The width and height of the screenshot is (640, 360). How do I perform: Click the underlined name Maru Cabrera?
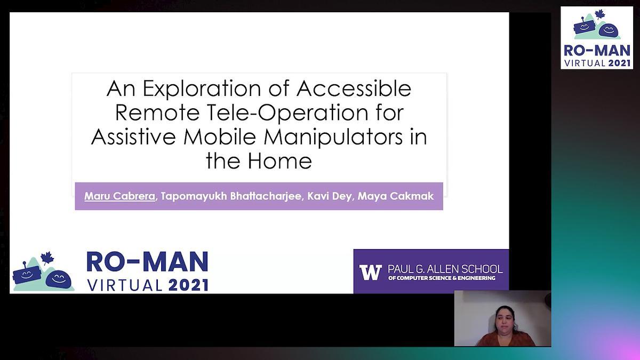click(x=119, y=196)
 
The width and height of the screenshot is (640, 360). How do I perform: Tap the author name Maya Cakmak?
click(x=395, y=196)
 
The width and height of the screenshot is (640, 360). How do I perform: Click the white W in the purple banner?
click(x=370, y=272)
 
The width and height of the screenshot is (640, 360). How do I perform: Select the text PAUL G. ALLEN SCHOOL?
click(x=445, y=269)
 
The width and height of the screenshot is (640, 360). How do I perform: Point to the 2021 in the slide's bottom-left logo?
click(x=188, y=285)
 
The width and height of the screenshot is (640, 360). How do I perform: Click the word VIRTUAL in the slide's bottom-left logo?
click(x=125, y=285)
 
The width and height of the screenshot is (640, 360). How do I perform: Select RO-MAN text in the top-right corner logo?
click(x=597, y=51)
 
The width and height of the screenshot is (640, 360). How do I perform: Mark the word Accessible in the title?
click(x=353, y=89)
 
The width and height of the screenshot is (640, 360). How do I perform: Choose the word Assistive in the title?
click(x=133, y=137)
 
